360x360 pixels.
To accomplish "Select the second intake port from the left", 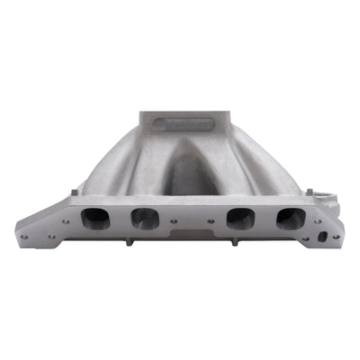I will click(x=144, y=218).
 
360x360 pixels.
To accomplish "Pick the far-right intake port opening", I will click(x=290, y=218).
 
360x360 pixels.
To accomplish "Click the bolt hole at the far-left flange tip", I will click(x=24, y=238).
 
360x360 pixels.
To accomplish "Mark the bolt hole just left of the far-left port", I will click(x=65, y=221).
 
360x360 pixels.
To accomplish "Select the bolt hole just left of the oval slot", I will click(x=306, y=236).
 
